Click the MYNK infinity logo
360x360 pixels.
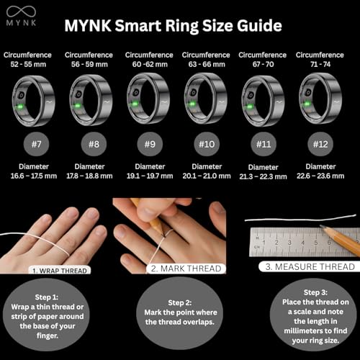click(x=21, y=12)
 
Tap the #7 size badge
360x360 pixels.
click(x=36, y=144)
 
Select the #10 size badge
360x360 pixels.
click(x=207, y=144)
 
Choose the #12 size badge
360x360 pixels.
click(x=320, y=144)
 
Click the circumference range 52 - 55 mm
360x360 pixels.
click(x=28, y=64)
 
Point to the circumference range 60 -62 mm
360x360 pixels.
click(x=150, y=64)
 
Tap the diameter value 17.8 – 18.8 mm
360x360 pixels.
click(x=89, y=176)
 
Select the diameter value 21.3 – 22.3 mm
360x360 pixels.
click(x=263, y=176)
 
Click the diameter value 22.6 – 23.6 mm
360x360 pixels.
click(x=320, y=176)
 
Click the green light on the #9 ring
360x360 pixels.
click(x=135, y=104)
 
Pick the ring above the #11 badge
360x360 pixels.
click(x=263, y=100)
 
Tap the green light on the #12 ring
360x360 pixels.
click(x=307, y=104)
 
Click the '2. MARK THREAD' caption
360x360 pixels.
click(x=186, y=269)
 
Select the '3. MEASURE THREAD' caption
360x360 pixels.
click(x=310, y=266)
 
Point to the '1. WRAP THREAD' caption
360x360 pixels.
click(x=60, y=271)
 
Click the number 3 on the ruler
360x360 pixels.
click(x=289, y=243)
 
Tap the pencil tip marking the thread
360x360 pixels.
click(x=164, y=236)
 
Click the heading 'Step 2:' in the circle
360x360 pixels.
click(x=179, y=302)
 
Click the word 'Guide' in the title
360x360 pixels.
click(x=259, y=25)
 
